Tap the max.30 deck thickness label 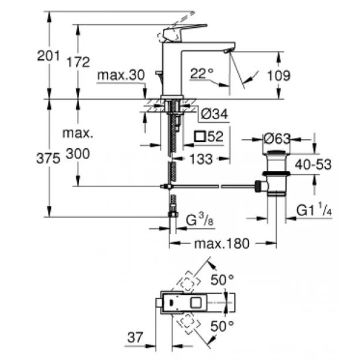(121, 76)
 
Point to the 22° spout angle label (201, 74)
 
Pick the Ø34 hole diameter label (214, 115)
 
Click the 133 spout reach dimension (201, 159)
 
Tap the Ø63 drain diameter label (277, 139)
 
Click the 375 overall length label (48, 159)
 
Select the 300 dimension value (78, 154)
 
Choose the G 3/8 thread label (199, 220)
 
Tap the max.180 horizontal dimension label (221, 244)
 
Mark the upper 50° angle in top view (222, 280)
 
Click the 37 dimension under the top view (135, 338)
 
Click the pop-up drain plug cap (277, 152)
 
